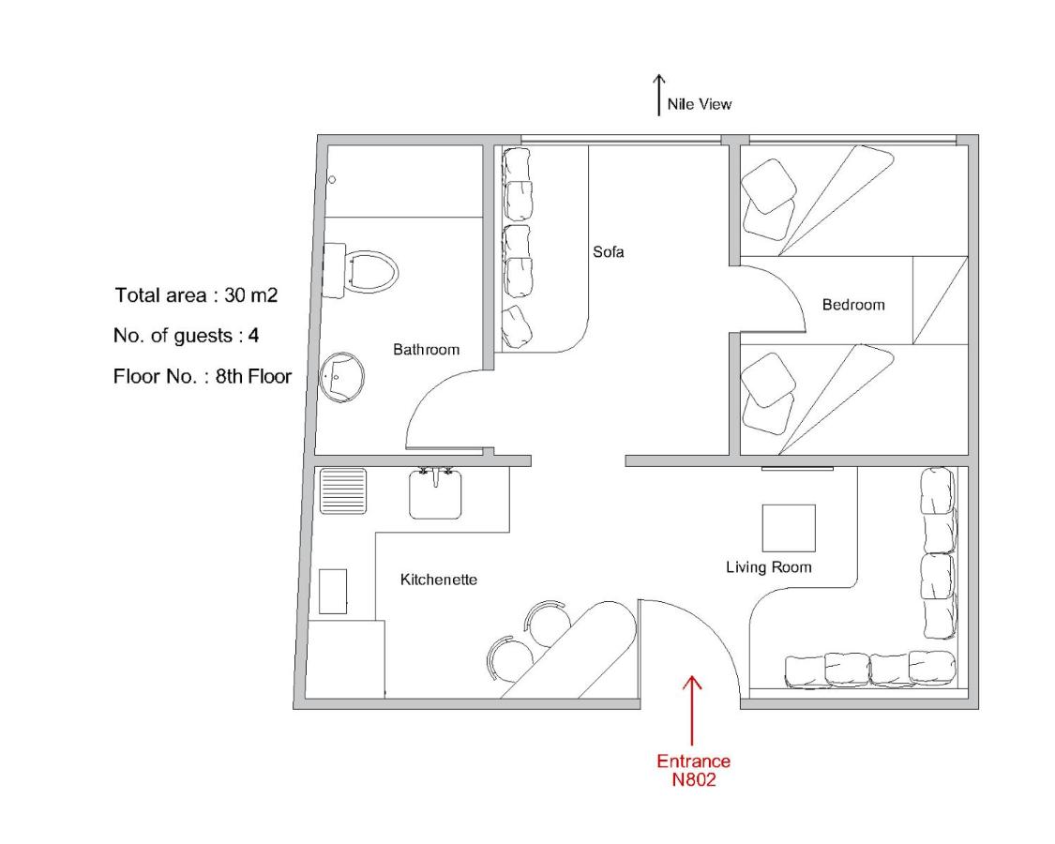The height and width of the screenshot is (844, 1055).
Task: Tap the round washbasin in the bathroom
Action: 342,376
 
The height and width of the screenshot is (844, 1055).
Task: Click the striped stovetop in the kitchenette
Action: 343,490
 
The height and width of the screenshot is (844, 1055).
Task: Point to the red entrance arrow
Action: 692,710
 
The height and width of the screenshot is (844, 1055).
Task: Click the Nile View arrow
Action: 658,95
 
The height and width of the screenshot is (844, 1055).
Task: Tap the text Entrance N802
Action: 694,771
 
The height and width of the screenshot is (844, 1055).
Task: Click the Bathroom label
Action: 426,349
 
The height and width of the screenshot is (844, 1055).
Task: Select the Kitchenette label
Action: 439,580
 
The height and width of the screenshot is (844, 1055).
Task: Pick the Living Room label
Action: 768,567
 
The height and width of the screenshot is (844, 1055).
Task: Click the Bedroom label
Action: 853,305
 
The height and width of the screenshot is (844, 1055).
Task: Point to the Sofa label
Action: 609,251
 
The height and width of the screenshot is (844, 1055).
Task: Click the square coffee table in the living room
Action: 789,528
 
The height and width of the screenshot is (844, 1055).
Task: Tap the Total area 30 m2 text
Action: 196,294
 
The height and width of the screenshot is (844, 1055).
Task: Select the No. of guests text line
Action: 186,335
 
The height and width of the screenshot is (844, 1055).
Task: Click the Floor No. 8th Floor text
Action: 202,375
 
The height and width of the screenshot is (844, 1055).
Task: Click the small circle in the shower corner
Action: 332,180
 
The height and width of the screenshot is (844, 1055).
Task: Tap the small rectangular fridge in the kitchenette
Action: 332,592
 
